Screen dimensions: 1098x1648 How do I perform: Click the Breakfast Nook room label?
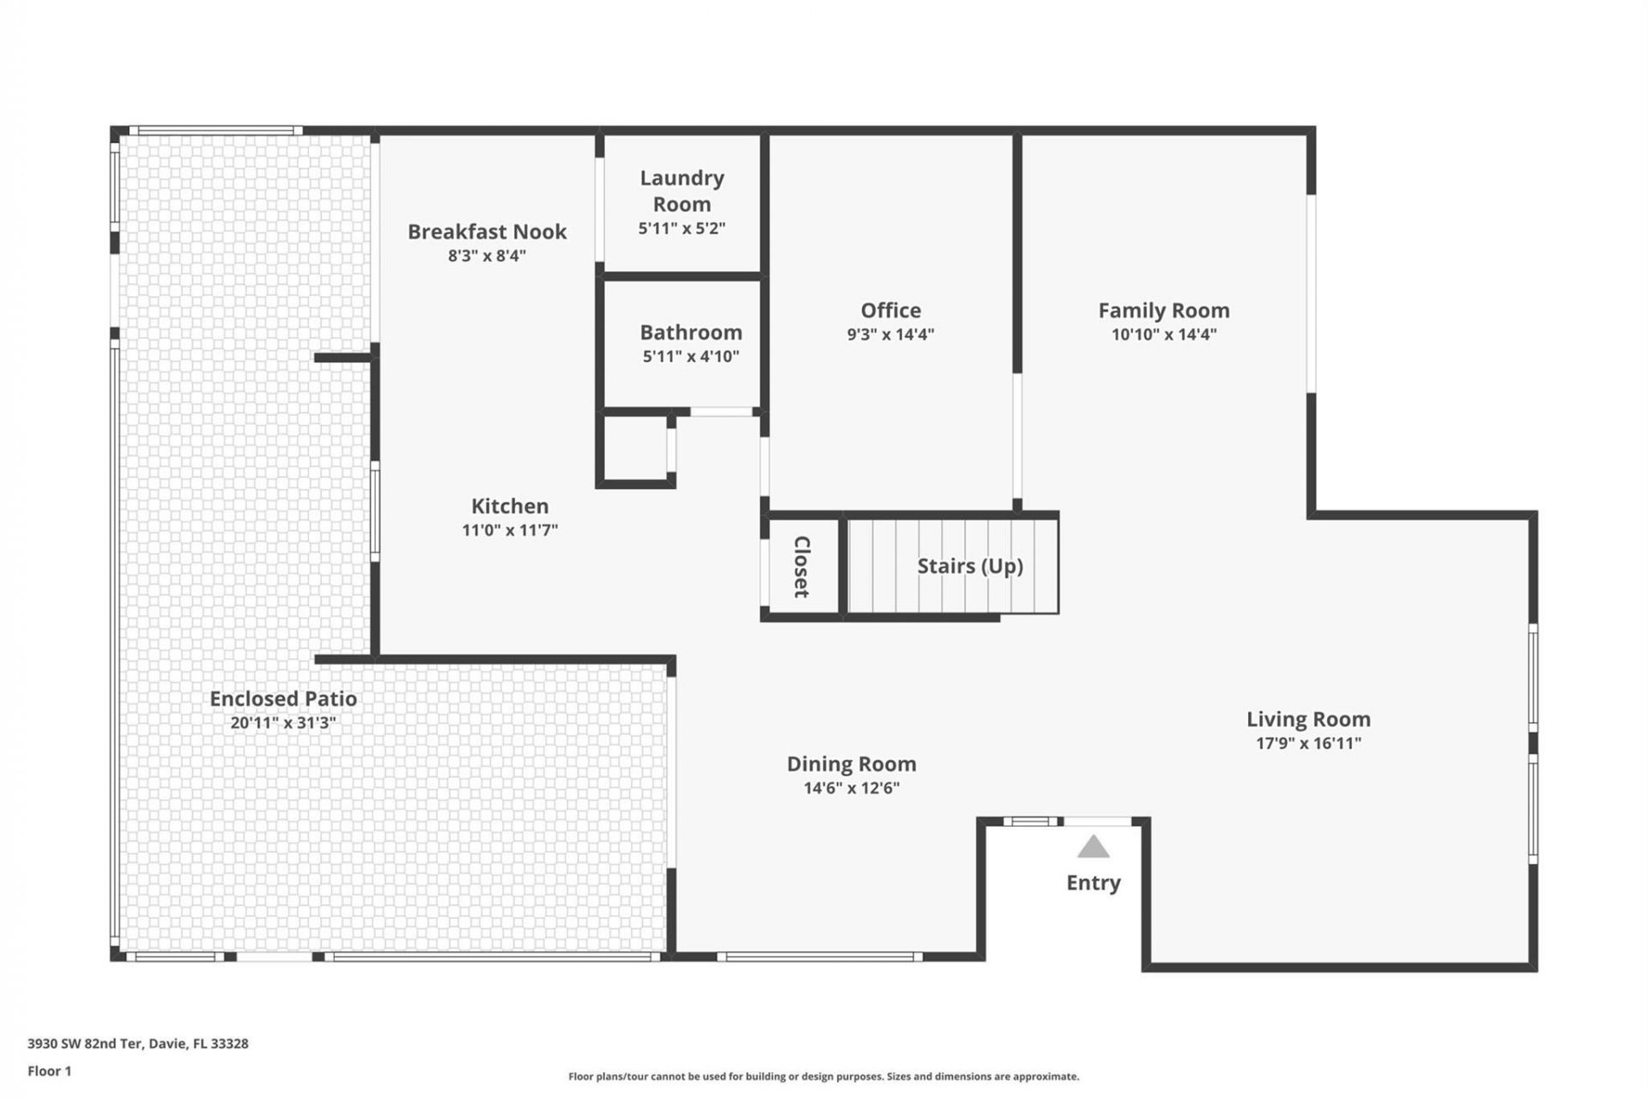[487, 232]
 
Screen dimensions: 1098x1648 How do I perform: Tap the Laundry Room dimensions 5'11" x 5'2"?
[682, 228]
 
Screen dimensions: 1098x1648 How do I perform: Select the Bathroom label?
[690, 332]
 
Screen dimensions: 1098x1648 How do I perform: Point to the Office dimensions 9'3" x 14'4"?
[890, 335]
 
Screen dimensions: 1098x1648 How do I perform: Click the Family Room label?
[1163, 311]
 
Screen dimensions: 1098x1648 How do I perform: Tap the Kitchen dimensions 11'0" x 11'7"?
[510, 530]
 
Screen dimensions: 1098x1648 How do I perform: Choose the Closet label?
[802, 566]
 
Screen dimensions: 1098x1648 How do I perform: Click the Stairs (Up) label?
[970, 566]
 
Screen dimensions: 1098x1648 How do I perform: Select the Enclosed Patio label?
[283, 699]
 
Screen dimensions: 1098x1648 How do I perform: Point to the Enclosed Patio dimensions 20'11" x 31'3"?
[283, 723]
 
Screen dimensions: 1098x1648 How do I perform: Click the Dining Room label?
[851, 764]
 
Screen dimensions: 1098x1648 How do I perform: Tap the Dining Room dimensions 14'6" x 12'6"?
[851, 788]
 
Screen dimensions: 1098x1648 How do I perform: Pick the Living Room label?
[1308, 720]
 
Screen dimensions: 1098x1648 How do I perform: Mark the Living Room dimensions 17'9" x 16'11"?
[1308, 744]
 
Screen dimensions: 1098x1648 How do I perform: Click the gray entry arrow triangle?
[1093, 848]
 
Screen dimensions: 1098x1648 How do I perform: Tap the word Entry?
[1093, 883]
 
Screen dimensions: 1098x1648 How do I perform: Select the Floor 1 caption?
[50, 1071]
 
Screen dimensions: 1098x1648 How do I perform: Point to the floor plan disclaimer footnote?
[823, 1077]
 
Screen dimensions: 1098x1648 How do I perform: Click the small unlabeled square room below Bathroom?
[635, 449]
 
